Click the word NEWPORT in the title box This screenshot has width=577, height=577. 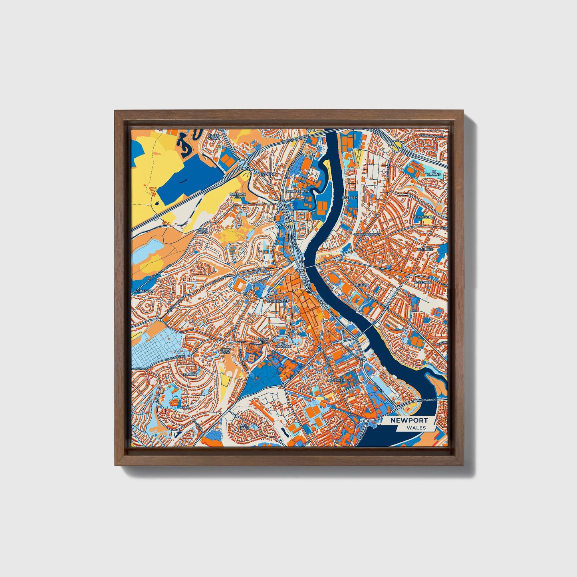[x=409, y=420]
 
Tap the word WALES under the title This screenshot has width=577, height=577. [x=416, y=428]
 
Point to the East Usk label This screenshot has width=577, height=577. [x=350, y=198]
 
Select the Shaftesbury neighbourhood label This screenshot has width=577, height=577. [x=298, y=191]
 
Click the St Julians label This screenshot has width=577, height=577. [x=433, y=173]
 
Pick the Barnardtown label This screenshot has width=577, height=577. [x=367, y=235]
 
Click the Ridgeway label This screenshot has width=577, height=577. [x=144, y=291]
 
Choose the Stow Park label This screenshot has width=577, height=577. [x=226, y=351]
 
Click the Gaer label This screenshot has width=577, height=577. [x=184, y=407]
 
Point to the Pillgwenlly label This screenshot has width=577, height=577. [x=339, y=381]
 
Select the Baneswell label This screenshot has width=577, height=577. [x=277, y=301]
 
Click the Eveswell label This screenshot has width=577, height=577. [x=423, y=282]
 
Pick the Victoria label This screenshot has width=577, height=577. [x=361, y=285]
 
